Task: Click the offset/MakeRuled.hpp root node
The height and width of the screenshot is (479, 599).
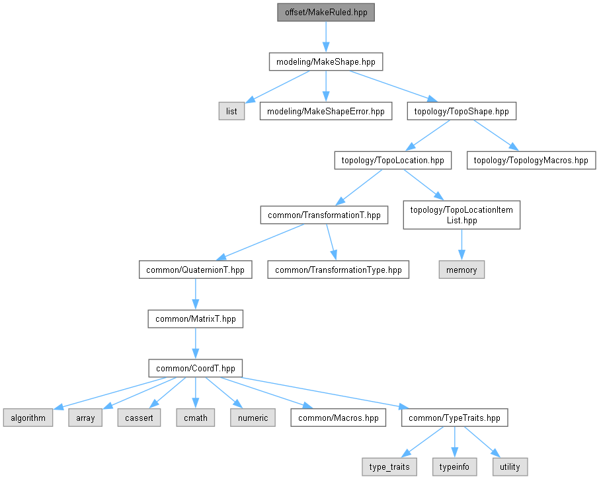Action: [326, 12]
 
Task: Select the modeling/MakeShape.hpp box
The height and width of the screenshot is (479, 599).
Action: [326, 61]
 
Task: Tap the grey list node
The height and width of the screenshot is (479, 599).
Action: [231, 111]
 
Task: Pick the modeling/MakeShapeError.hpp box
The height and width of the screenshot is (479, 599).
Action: [326, 111]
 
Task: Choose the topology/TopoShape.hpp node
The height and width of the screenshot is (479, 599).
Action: [461, 111]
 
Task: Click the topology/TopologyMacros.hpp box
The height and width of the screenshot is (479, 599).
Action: [531, 161]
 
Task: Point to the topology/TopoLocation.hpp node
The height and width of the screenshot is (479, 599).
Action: [393, 161]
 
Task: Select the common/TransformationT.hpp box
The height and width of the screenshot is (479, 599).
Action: [325, 215]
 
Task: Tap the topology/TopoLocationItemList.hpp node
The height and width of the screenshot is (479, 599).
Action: [461, 215]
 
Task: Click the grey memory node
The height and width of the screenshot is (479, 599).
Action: [461, 270]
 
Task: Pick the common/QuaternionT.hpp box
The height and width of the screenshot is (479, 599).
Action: [195, 270]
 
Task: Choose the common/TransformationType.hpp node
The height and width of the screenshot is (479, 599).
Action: [338, 270]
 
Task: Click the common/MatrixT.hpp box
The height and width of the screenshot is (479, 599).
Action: [195, 318]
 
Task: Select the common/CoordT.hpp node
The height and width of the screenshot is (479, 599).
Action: [195, 368]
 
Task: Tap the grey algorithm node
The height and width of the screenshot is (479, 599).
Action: [28, 418]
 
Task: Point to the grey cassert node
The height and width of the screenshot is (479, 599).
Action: [139, 418]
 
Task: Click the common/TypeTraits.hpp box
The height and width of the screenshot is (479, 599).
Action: [455, 418]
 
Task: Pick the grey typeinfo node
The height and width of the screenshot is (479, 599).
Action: [455, 467]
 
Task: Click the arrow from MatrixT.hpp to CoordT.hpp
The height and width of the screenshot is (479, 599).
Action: [195, 343]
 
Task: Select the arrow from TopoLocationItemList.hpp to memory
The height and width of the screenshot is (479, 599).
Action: [461, 244]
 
